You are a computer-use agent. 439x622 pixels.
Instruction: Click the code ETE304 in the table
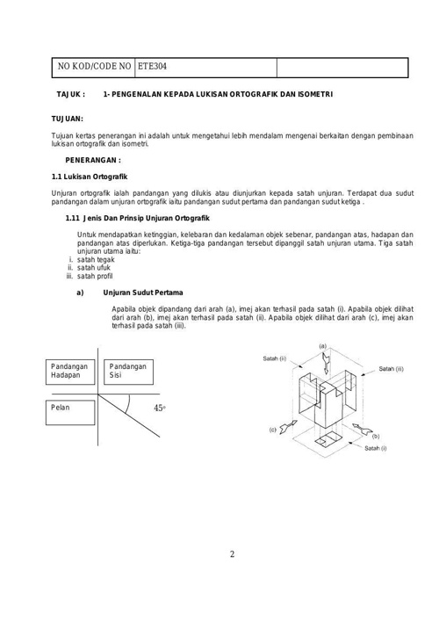click(152, 66)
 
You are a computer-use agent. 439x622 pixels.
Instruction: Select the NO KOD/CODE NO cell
click(94, 67)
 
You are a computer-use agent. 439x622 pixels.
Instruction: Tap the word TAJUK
click(70, 94)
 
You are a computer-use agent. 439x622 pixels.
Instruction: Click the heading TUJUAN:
click(67, 119)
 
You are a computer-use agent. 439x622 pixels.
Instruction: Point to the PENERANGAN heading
click(93, 160)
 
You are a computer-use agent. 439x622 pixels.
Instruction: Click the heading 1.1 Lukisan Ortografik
click(90, 177)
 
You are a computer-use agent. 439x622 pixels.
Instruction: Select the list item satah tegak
click(96, 259)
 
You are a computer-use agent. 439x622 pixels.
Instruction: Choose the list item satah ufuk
click(94, 268)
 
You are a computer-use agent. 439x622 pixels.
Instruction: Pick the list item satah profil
click(95, 276)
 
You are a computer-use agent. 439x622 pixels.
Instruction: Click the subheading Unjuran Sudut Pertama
click(143, 293)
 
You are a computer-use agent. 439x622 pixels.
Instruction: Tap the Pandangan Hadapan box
click(70, 372)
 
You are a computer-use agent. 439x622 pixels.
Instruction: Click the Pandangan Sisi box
click(128, 372)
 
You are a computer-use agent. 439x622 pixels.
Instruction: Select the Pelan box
click(70, 413)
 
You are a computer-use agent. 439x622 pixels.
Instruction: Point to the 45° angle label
click(160, 408)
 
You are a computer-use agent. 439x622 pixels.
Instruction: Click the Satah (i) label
click(376, 448)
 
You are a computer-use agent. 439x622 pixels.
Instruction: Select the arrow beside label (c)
click(288, 426)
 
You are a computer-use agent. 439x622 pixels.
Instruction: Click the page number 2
click(232, 554)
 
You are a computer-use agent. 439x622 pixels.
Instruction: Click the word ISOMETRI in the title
click(316, 94)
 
